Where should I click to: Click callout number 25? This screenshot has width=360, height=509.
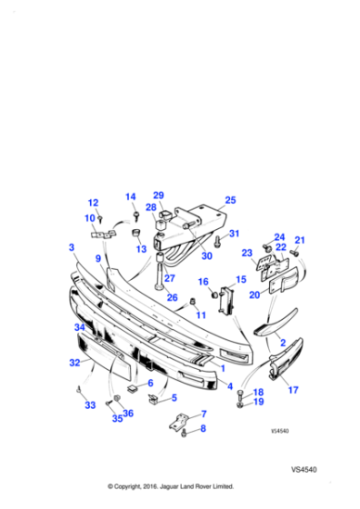230,200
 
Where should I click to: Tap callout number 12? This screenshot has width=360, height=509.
93,203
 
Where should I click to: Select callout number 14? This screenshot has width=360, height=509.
130,196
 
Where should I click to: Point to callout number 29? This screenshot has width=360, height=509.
158,195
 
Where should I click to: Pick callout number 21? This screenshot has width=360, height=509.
300,240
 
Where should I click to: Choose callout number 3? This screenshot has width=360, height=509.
71,247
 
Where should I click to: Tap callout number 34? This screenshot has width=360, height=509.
79,327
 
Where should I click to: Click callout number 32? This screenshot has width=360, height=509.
75,362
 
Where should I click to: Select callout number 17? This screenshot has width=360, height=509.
293,390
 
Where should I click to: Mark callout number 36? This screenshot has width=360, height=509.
128,414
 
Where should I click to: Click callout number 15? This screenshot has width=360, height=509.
241,280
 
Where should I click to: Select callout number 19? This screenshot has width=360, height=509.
258,401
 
